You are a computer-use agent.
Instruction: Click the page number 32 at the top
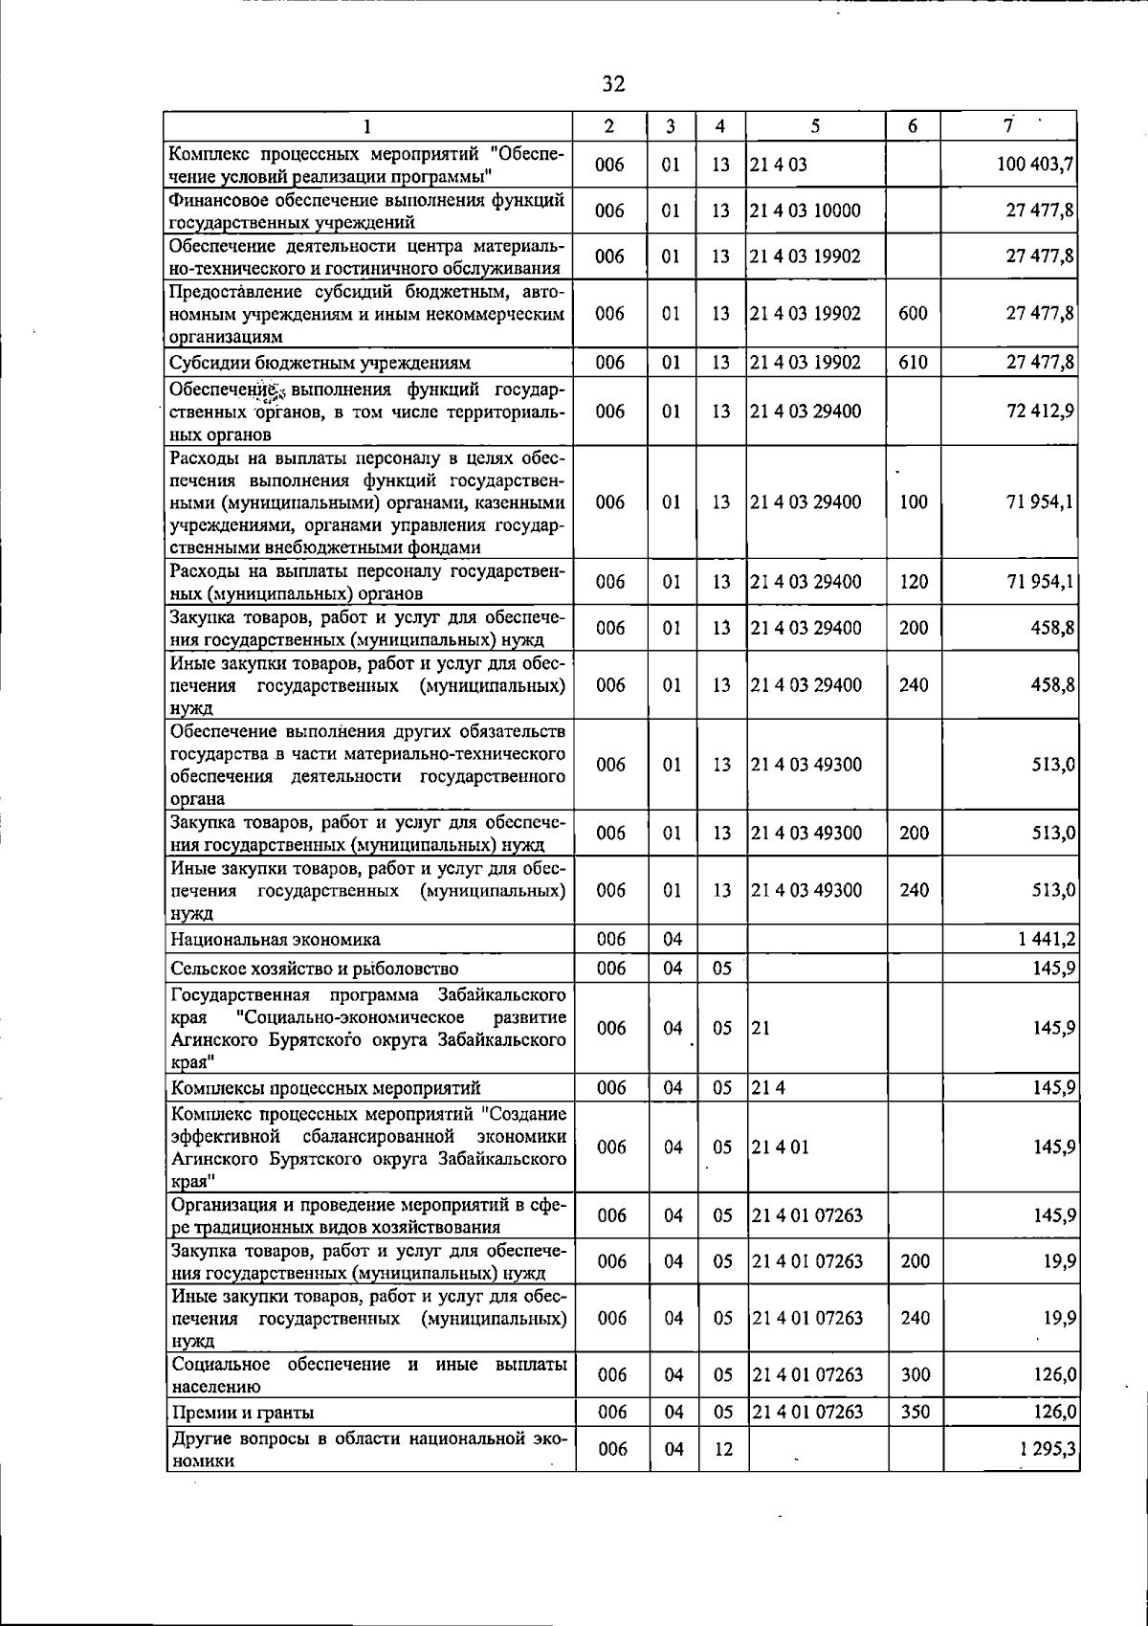[x=613, y=84]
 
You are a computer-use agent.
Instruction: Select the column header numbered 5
[x=815, y=125]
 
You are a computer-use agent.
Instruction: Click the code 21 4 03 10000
[x=806, y=211]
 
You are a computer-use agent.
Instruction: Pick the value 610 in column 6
[x=914, y=363]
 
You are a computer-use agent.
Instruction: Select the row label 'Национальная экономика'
[x=276, y=939]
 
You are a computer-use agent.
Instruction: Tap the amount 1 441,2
[x=1047, y=939]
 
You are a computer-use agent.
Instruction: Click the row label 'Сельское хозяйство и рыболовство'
[x=314, y=969]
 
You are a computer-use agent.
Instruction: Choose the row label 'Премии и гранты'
[x=243, y=1412]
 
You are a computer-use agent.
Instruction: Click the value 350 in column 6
[x=915, y=1412]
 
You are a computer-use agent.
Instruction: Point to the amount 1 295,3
[x=1048, y=1449]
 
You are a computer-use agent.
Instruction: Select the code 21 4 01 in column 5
[x=780, y=1147]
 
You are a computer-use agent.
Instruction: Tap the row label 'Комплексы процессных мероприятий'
[x=325, y=1088]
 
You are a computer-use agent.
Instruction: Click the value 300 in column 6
[x=915, y=1375]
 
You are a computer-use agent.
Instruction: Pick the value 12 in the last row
[x=722, y=1449]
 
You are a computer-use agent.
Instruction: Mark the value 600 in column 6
[x=914, y=313]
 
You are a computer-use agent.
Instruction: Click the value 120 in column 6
[x=914, y=582]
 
